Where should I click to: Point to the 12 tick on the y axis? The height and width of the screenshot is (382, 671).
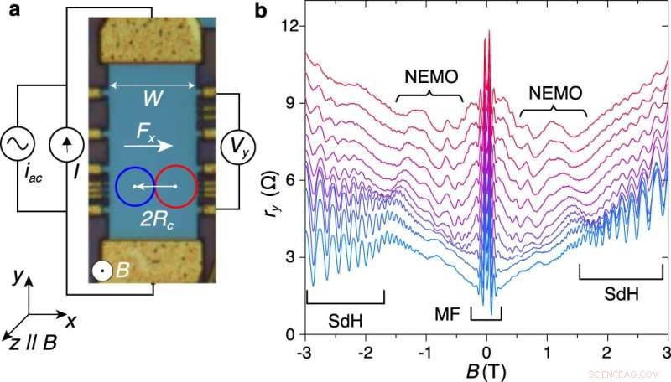[289, 26]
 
